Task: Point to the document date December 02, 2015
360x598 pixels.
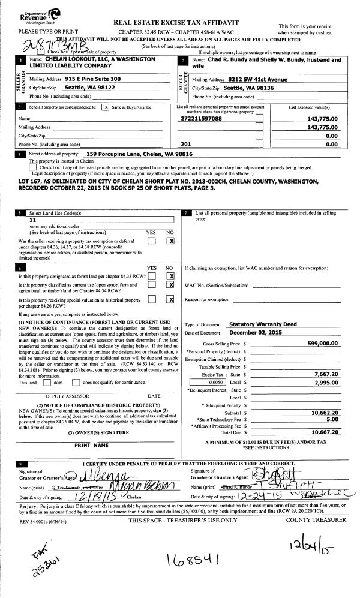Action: click(259, 332)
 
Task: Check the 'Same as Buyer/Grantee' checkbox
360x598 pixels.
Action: click(106, 107)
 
